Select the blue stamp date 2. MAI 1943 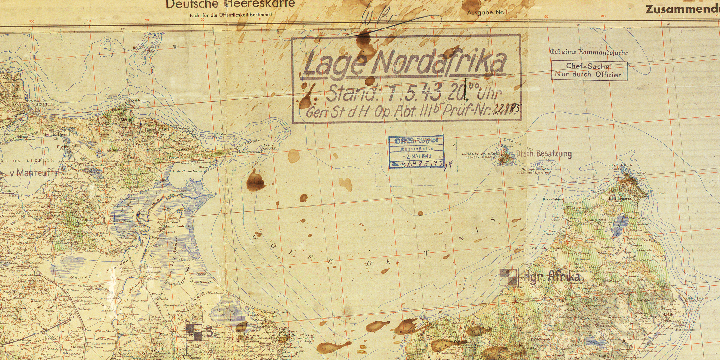[x=416, y=155]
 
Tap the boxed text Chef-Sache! [x=589, y=66]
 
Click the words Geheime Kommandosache [x=588, y=52]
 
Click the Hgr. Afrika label [x=552, y=276]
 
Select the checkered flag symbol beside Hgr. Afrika [x=508, y=277]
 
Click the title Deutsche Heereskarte [x=230, y=5]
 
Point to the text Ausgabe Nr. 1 [x=486, y=11]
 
